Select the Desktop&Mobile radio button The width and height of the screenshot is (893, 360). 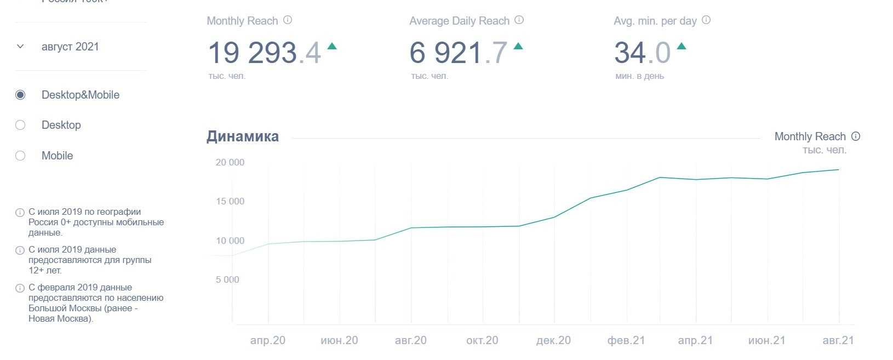20,95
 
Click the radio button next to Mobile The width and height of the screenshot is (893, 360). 20,156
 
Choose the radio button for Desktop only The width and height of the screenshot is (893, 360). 20,125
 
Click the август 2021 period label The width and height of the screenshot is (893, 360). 70,47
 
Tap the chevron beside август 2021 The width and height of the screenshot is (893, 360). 20,47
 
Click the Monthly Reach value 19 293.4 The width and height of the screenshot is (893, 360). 264,53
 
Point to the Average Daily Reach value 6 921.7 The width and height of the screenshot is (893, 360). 459,53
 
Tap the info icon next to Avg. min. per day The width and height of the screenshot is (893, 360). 706,20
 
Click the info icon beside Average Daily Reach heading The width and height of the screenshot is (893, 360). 519,20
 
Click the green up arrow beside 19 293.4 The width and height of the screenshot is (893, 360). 332,47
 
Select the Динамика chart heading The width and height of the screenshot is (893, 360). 243,136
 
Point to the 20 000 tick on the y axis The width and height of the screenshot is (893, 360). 230,162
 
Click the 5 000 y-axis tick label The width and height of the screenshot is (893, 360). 227,279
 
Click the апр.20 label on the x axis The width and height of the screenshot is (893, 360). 268,340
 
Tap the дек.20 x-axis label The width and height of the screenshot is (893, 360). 553,340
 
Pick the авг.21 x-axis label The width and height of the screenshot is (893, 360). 838,340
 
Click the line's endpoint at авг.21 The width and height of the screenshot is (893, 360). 838,170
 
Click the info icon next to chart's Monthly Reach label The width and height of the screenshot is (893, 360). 856,136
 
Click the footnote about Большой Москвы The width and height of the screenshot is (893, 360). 96,303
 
